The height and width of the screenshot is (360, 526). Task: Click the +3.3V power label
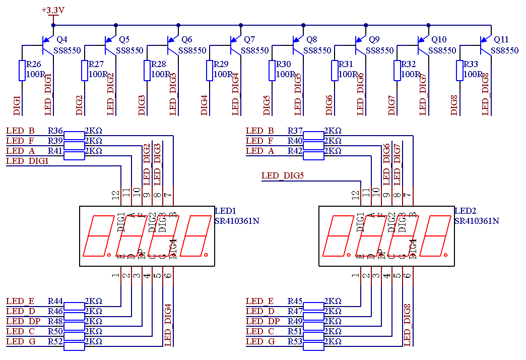click(53, 10)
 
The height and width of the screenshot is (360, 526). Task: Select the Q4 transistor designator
click(62, 39)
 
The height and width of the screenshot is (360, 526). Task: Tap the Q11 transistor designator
click(501, 39)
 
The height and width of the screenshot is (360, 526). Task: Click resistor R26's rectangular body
click(22, 71)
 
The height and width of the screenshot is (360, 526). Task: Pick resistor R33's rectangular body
click(459, 71)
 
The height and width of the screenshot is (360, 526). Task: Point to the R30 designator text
click(284, 65)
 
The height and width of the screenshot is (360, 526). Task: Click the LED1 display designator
click(225, 211)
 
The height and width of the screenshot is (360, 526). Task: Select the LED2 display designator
click(465, 211)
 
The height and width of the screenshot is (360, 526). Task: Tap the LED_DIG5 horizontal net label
click(283, 176)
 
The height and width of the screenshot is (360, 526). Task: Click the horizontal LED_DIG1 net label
click(27, 161)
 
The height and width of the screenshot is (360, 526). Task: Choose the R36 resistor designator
click(55, 131)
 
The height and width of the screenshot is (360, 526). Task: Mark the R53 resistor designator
click(295, 342)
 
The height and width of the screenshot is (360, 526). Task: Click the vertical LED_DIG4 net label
click(168, 325)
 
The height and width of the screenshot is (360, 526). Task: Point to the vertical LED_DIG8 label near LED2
click(408, 325)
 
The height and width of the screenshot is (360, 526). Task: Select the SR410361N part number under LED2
click(477, 221)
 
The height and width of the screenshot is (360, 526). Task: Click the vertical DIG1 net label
click(17, 105)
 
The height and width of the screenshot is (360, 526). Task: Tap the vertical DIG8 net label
click(454, 105)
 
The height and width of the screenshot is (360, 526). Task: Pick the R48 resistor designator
click(55, 322)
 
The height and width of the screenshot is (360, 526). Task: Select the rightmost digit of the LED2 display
click(435, 236)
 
